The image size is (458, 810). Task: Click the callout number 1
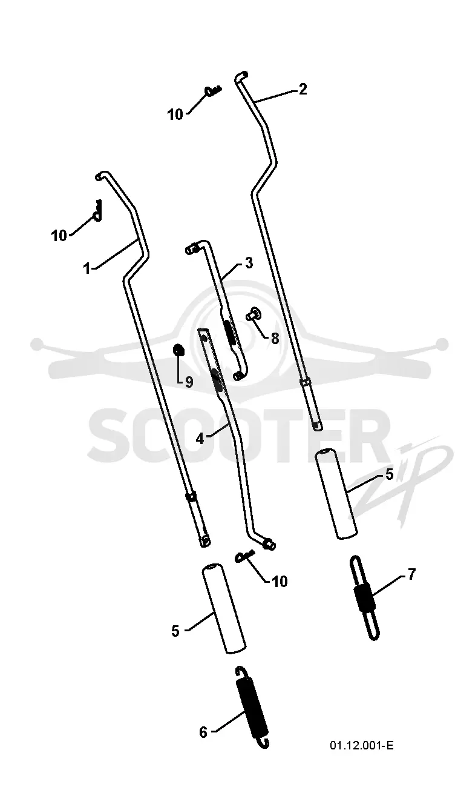coord(87,268)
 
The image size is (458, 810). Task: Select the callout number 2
coord(303,89)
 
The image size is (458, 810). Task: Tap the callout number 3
coord(249,263)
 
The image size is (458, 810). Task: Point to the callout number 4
coord(200,438)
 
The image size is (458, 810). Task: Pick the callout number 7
coord(411,574)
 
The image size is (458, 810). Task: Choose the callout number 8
coord(275,339)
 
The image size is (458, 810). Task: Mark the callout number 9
coord(189,382)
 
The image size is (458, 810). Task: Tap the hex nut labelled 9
coord(178,350)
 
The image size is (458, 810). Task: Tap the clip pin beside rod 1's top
coord(97,210)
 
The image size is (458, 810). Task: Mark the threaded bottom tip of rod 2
coord(318,426)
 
